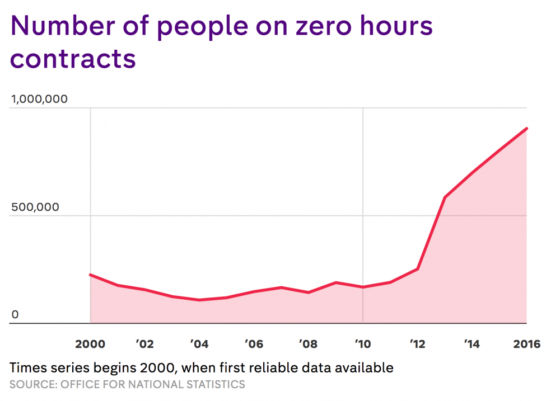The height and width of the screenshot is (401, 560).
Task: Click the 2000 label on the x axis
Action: tap(91, 344)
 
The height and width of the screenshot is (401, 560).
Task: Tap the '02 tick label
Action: tap(145, 344)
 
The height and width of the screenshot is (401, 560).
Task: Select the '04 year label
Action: tap(199, 344)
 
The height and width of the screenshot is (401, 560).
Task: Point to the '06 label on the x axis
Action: tap(254, 344)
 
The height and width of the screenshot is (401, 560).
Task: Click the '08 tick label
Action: tap(309, 344)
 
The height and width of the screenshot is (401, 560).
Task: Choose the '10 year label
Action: tap(363, 344)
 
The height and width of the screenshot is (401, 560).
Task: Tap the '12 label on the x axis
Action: tap(417, 344)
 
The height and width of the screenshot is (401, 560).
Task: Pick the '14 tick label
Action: tap(472, 344)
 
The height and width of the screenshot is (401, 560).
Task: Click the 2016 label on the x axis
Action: tap(526, 344)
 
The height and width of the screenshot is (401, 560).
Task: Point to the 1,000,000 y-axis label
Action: tap(39, 99)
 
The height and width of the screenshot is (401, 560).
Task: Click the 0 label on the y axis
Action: tap(15, 314)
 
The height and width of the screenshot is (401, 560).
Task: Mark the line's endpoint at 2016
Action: tap(526, 129)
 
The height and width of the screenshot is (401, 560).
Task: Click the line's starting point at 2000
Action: tap(91, 275)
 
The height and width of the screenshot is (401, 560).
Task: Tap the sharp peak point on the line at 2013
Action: tap(445, 197)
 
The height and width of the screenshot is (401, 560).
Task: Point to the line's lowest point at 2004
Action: tap(199, 300)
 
